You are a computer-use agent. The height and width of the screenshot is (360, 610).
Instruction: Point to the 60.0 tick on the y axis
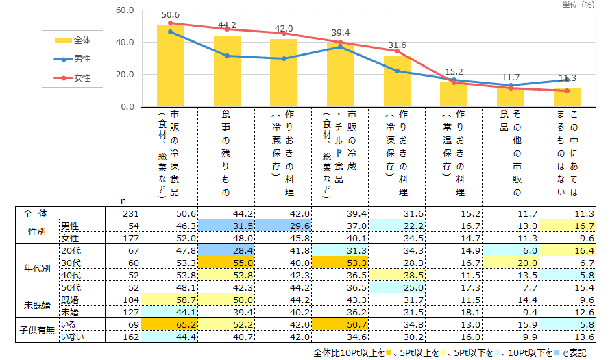125,11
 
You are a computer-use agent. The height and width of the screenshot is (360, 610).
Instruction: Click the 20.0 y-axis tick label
125,75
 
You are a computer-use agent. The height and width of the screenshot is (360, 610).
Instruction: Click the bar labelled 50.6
170,67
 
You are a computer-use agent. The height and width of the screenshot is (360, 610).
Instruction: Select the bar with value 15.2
454,95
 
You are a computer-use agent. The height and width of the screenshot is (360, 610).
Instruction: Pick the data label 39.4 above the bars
340,33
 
